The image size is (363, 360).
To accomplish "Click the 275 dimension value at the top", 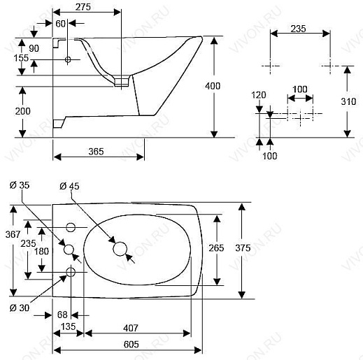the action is [x=83, y=7].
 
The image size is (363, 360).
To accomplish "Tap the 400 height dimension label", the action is [x=213, y=86].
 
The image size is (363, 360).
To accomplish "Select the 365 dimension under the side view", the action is [x=96, y=152].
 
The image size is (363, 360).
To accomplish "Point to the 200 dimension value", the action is [x=23, y=111].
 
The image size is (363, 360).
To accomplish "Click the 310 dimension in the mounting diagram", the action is [x=348, y=101].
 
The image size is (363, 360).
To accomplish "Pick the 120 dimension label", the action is [x=259, y=95].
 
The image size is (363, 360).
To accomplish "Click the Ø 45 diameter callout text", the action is [x=69, y=186].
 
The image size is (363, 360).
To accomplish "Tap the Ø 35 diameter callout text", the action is [x=20, y=185].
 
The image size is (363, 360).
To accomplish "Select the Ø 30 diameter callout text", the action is [x=20, y=308].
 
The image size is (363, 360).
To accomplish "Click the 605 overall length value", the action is [x=131, y=345].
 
